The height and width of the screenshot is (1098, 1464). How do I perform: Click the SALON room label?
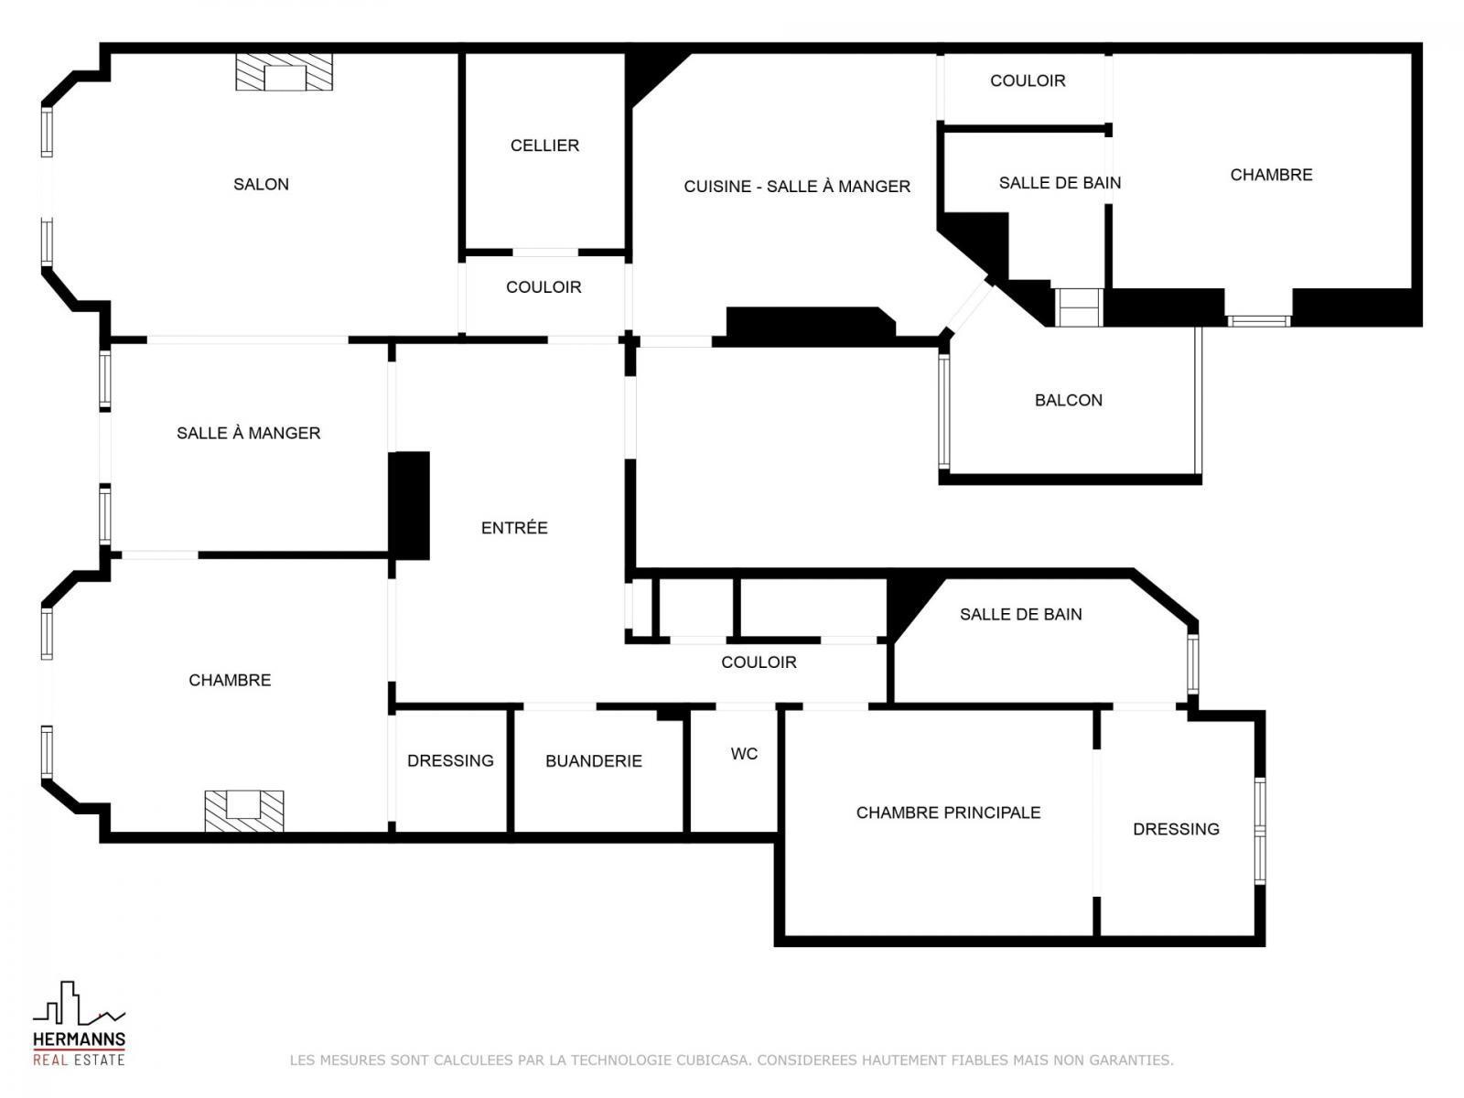click(x=261, y=184)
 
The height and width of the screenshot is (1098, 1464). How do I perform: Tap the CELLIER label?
click(x=544, y=145)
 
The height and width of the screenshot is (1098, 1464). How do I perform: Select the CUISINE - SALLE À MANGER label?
click(x=797, y=186)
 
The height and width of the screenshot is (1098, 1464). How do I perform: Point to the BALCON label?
click(x=1069, y=400)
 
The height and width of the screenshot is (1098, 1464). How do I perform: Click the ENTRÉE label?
click(x=514, y=527)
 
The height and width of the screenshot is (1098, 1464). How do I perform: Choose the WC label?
click(x=744, y=753)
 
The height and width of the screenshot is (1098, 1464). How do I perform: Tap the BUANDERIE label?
click(x=594, y=760)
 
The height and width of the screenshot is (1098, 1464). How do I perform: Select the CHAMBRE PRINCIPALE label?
click(x=949, y=812)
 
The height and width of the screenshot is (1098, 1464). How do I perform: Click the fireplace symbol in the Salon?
click(x=285, y=72)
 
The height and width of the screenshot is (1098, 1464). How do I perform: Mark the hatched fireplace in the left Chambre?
click(x=244, y=811)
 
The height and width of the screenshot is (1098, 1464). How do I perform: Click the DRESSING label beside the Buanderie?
click(x=450, y=760)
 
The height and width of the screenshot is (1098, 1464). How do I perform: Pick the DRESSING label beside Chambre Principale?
click(x=1176, y=829)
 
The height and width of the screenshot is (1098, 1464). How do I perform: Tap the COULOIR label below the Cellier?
click(x=544, y=286)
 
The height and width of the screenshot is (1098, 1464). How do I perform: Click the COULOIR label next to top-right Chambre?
click(x=1028, y=81)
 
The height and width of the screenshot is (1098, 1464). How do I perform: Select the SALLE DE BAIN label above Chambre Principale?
click(x=1020, y=614)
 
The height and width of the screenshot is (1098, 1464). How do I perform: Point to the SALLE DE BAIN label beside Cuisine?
click(x=1060, y=183)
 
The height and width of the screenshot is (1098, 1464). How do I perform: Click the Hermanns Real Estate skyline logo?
click(x=80, y=1004)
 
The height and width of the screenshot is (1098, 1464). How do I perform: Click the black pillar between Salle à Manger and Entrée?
click(x=409, y=505)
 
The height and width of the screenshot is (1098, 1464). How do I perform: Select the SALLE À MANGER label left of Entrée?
click(x=249, y=433)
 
